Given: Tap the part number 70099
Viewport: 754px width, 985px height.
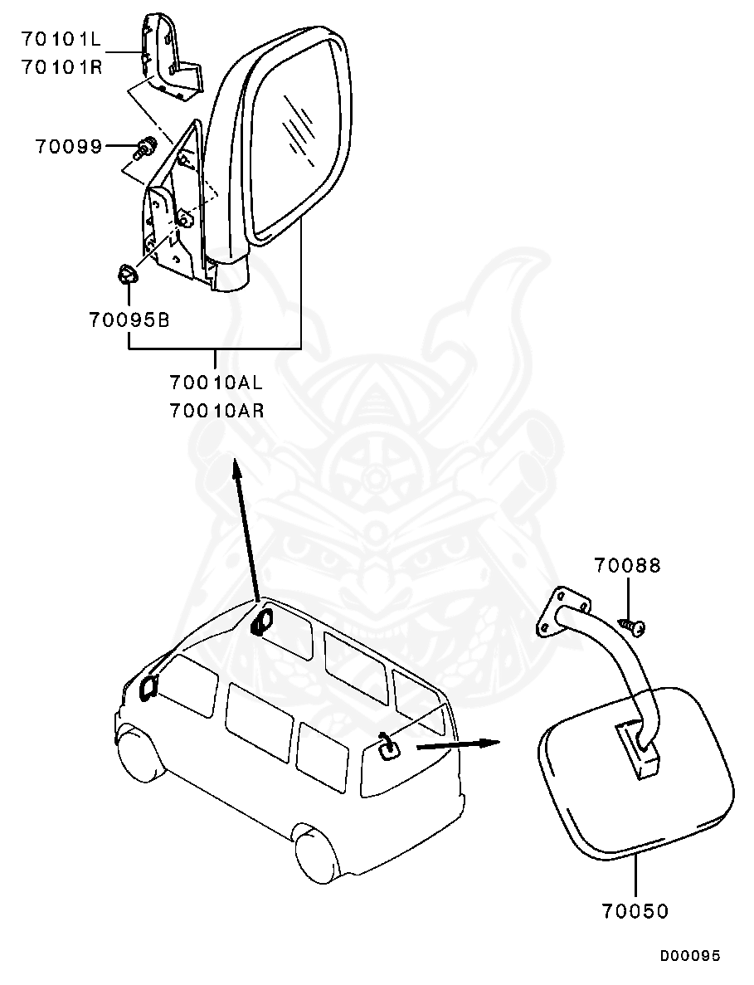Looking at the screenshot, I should (x=68, y=147).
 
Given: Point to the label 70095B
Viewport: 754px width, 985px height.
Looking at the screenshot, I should (x=129, y=319).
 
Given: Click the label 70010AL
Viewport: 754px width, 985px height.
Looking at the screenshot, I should (x=216, y=383).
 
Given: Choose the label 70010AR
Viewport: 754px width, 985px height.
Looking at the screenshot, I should (x=216, y=409).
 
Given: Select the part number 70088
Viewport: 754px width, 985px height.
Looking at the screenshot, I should (x=627, y=566).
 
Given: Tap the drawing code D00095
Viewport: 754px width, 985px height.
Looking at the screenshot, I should (x=690, y=956).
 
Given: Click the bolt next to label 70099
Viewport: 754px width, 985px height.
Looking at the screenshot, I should (x=145, y=149).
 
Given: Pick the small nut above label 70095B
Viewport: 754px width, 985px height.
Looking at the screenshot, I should (x=124, y=273).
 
